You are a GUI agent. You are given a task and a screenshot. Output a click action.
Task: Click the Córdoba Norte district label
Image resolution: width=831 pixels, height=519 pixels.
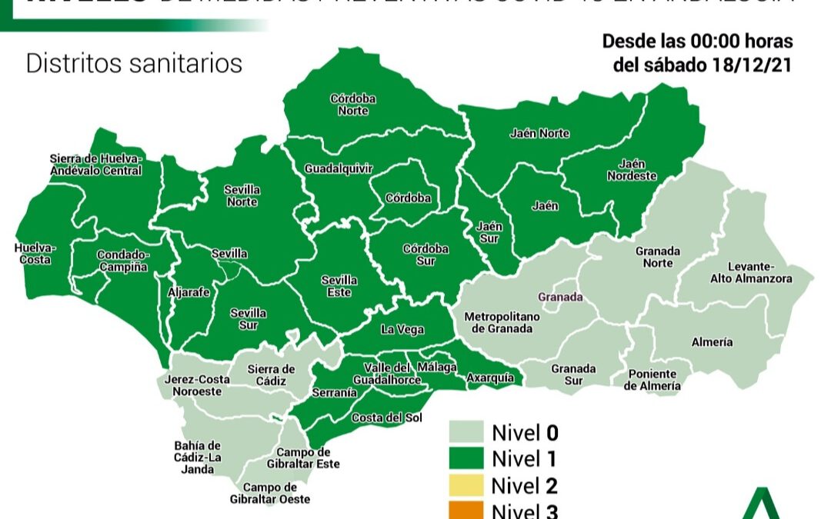[x=352, y=105]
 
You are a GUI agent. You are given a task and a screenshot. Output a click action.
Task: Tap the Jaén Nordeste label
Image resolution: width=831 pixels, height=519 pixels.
[x=632, y=170]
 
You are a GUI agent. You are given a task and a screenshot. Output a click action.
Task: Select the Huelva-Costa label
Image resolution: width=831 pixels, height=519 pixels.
[x=35, y=254]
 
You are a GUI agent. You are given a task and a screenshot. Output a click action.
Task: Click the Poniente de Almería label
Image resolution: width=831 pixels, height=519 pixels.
[x=652, y=380]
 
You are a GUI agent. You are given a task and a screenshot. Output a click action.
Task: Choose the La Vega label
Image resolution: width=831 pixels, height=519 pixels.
[x=402, y=330]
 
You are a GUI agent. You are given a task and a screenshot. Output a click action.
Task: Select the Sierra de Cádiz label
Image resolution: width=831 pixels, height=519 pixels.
[x=271, y=375]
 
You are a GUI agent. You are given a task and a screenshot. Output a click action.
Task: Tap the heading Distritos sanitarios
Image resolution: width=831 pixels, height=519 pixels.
[x=134, y=63]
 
